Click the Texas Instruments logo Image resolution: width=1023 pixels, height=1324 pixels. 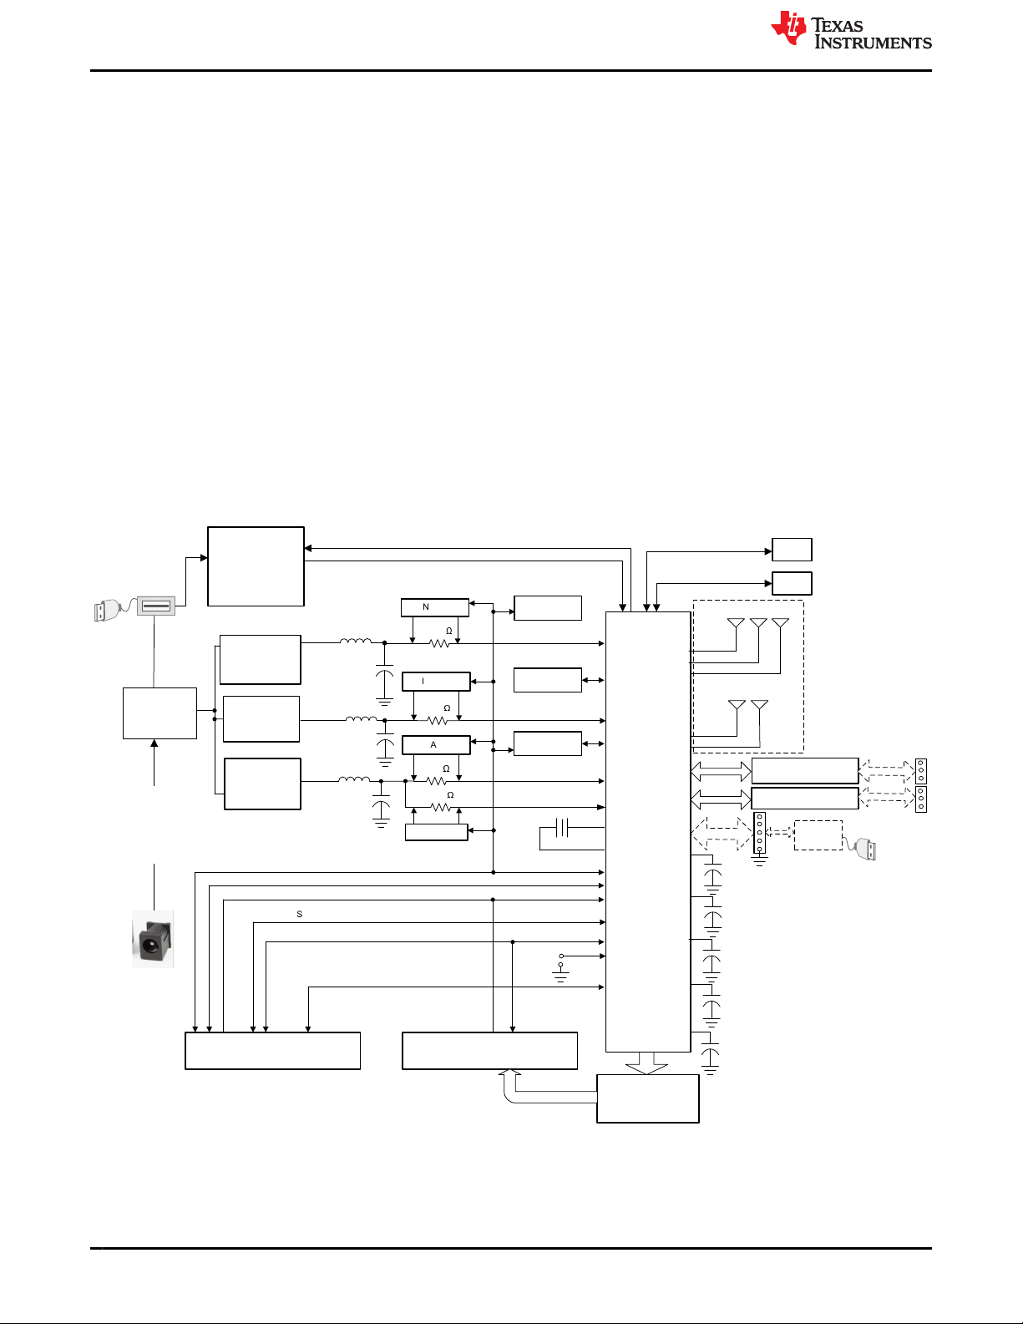(851, 28)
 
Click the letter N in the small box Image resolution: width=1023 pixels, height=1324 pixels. (426, 606)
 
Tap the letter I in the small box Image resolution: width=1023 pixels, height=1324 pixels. (423, 681)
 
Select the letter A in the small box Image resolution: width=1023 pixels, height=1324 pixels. (433, 744)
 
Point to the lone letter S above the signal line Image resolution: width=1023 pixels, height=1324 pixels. (299, 914)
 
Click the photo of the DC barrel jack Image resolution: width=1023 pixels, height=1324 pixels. (153, 939)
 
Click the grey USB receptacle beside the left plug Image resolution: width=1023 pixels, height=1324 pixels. (156, 606)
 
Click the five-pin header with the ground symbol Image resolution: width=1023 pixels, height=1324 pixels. (759, 832)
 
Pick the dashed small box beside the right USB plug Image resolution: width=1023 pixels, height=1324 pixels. (818, 834)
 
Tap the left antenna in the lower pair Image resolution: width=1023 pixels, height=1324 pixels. (737, 705)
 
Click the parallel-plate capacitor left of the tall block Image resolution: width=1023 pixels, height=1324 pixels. (562, 828)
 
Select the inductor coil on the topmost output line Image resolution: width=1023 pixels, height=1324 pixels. (356, 641)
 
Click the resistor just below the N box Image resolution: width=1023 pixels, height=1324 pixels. (439, 643)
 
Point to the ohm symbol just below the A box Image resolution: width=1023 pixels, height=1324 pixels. (446, 769)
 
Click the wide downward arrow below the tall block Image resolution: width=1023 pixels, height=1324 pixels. (646, 1063)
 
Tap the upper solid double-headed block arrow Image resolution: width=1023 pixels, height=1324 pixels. (721, 771)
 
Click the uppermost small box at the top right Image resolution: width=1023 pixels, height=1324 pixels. (792, 550)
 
